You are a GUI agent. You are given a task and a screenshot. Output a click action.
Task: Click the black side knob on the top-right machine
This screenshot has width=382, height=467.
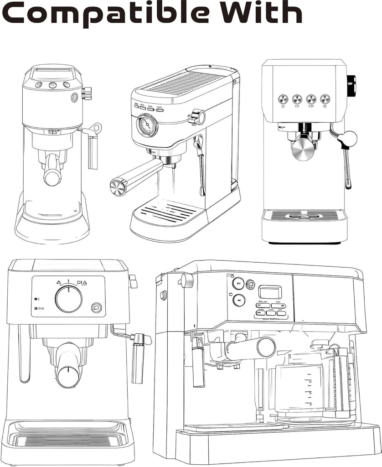351,86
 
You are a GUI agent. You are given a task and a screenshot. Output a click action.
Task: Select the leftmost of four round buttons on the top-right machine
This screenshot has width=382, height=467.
283,99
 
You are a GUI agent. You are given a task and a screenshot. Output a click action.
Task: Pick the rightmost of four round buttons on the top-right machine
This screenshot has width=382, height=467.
325,99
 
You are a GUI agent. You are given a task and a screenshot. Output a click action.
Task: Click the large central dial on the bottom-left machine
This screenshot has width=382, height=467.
69,299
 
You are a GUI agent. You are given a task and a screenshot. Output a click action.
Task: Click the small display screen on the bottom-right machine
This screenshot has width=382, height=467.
270,292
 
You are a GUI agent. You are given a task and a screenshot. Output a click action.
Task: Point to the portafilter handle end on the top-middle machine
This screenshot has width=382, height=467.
118,187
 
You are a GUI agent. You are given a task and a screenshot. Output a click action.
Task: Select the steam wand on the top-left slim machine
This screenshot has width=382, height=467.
93,150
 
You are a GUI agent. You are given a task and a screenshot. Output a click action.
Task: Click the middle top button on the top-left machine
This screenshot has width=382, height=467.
52,85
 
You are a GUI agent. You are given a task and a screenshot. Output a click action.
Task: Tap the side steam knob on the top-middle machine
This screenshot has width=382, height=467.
199,117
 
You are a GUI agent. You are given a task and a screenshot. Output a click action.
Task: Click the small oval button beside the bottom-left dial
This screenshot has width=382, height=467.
96,308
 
